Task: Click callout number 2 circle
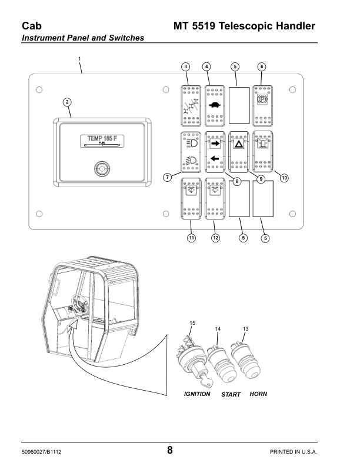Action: click(68, 102)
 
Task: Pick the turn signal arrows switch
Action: click(215, 152)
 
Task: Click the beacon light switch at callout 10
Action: click(262, 152)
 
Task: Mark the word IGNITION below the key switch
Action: click(197, 394)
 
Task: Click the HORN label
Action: click(258, 394)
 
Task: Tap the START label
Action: click(231, 394)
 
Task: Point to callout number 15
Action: click(192, 324)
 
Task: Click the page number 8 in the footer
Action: click(170, 451)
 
